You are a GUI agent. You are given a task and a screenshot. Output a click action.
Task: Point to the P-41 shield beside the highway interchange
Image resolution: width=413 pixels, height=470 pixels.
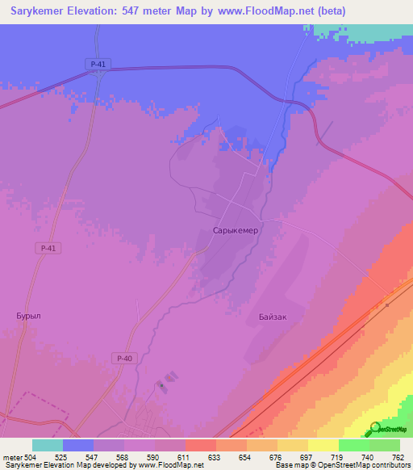96,63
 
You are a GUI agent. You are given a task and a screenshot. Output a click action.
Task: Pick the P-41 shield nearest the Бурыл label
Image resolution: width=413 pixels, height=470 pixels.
48,249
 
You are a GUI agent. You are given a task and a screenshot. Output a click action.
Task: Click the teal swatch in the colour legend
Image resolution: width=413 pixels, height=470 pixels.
48,445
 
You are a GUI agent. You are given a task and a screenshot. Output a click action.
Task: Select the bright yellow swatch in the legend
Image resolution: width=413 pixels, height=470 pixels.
323,445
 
